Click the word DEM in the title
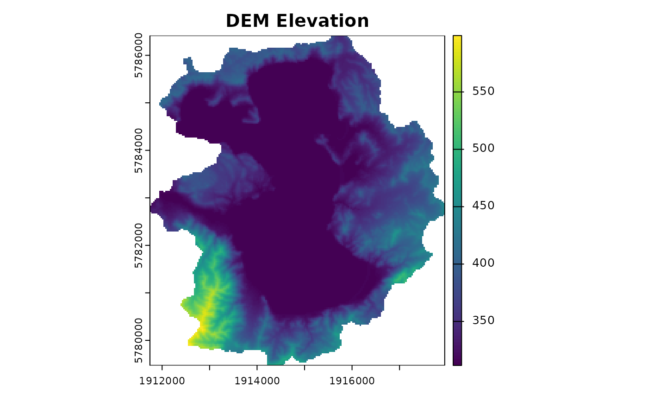coord(248,21)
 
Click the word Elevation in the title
coord(323,21)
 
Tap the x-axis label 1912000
coord(162,381)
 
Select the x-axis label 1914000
coord(257,381)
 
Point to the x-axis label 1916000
coord(352,381)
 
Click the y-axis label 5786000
coord(138,55)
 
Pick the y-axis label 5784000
coord(138,150)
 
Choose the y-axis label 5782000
coord(138,245)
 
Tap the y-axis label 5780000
coord(138,340)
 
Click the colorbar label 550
coord(483,91)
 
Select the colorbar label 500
coord(483,149)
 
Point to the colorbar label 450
coord(483,206)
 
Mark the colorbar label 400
coord(483,263)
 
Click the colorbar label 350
coord(483,320)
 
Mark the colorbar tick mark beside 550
coord(462,92)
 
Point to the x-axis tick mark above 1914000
coord(257,368)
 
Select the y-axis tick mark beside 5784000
coord(148,150)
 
